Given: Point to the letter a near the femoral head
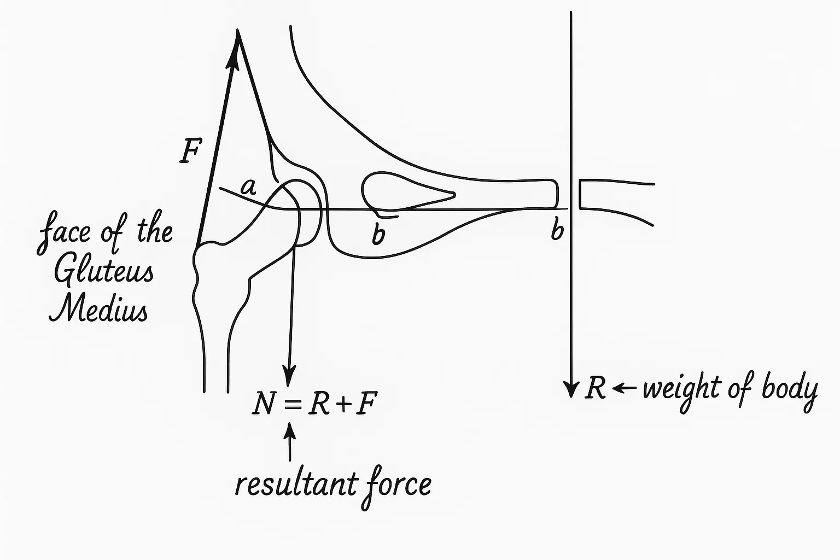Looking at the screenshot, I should pyautogui.click(x=249, y=188).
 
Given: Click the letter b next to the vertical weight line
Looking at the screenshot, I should pyautogui.click(x=557, y=231).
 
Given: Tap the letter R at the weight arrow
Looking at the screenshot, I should pyautogui.click(x=595, y=389).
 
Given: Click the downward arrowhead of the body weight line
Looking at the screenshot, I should pyautogui.click(x=571, y=389).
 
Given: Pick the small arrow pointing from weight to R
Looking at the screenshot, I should pyautogui.click(x=625, y=389).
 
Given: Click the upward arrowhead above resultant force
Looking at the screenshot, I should pyautogui.click(x=290, y=432).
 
